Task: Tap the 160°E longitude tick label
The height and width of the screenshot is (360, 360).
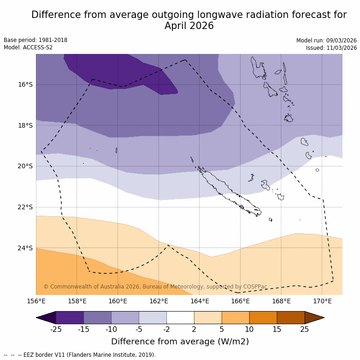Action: click(x=118, y=301)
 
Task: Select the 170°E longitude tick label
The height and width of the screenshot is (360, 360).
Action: click(x=322, y=301)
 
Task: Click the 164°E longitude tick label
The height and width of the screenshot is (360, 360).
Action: click(x=200, y=301)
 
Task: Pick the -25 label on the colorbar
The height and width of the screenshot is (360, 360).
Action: click(x=56, y=329)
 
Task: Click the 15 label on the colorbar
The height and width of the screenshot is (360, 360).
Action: click(x=277, y=329)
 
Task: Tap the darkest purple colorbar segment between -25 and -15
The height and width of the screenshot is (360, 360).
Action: click(x=70, y=318)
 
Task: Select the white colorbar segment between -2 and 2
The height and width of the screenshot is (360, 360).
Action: click(x=180, y=318)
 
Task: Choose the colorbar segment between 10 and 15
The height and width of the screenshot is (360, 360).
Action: click(x=263, y=318)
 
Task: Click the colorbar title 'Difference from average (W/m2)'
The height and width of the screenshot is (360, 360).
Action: click(x=180, y=342)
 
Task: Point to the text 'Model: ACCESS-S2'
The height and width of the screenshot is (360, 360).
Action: click(x=28, y=47)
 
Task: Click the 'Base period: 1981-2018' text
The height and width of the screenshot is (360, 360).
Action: click(x=35, y=40)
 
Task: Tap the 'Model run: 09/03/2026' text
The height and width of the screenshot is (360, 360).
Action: click(x=326, y=41)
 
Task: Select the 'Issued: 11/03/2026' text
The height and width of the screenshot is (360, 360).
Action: click(x=331, y=48)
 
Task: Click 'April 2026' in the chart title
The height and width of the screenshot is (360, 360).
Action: click(x=189, y=26)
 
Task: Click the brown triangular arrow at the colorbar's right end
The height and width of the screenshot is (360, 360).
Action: click(x=314, y=318)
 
